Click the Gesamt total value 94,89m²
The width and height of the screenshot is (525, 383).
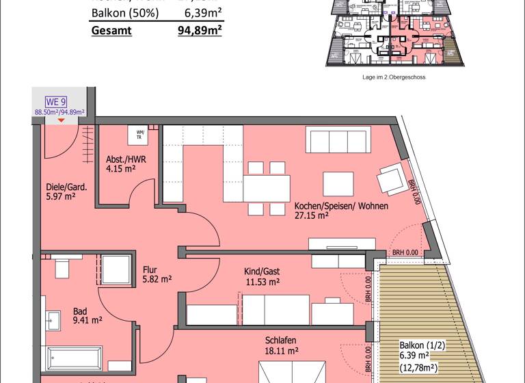pos(200,30)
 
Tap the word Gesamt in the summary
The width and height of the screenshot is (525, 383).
pos(111,30)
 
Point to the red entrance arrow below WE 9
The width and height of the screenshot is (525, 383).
pos(62,120)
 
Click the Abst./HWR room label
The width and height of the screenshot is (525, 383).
pos(126,159)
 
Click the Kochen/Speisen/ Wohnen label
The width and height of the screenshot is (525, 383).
pos(341,206)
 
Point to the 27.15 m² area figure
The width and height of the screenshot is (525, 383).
pos(312,215)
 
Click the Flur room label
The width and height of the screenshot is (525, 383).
pos(150,269)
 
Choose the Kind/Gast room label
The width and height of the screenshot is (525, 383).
pos(262,272)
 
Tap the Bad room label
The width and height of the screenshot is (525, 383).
pos(80,311)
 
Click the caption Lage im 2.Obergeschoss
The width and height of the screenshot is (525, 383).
pos(394,77)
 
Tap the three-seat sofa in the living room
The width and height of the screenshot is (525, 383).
pos(338,140)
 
